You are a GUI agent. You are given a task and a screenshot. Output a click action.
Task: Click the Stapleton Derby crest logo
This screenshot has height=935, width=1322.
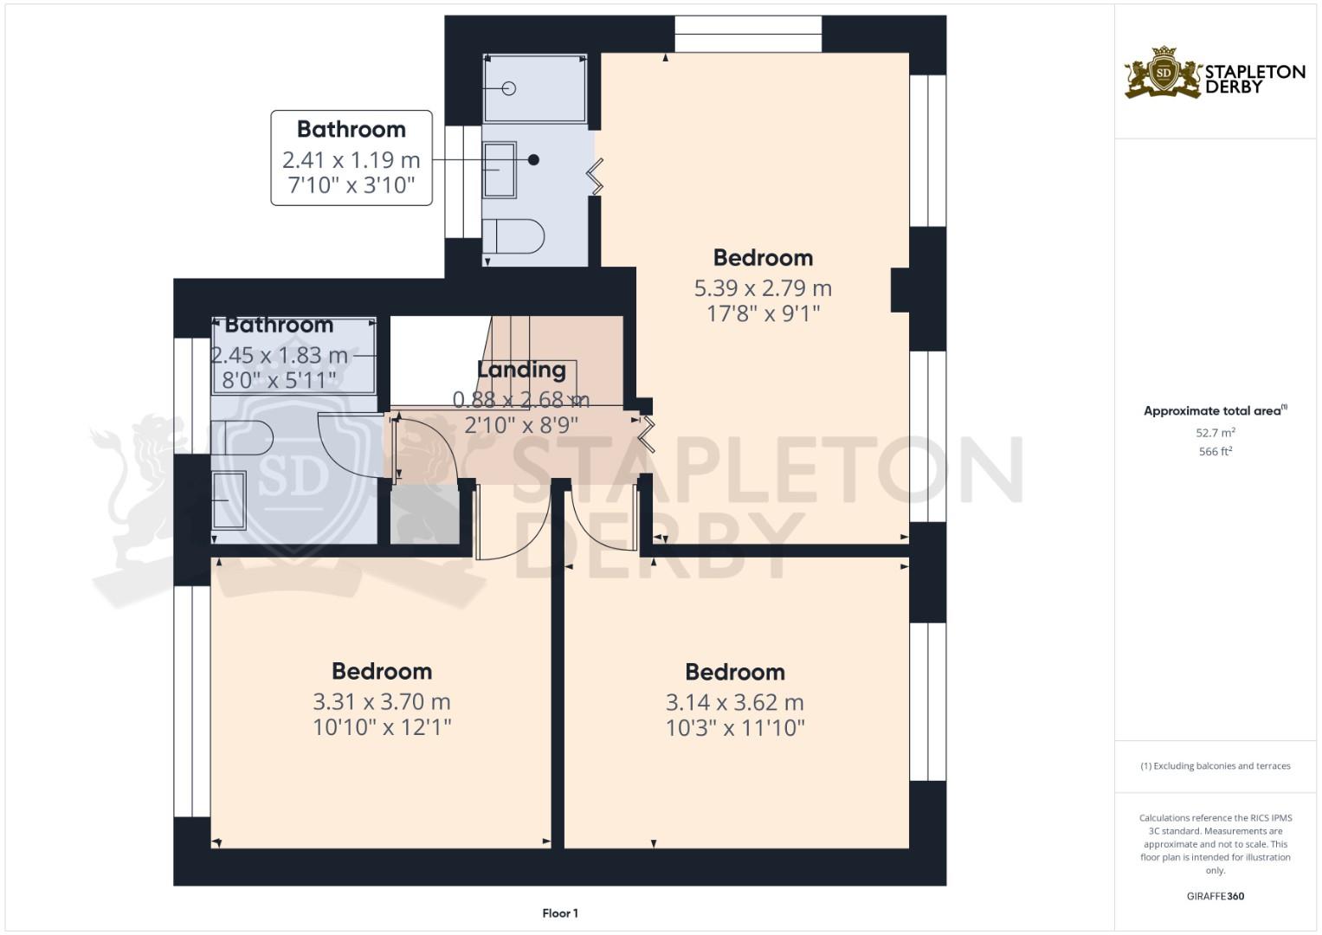pyautogui.click(x=1163, y=72)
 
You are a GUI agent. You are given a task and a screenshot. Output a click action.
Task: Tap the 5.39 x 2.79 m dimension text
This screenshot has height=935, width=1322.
pyautogui.click(x=763, y=288)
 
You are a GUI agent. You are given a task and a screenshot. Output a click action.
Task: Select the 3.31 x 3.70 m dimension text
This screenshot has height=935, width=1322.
pyautogui.click(x=381, y=702)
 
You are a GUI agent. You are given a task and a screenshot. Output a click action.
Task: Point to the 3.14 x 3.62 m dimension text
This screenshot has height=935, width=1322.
pyautogui.click(x=735, y=702)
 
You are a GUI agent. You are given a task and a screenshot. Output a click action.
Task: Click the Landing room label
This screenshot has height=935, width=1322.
pyautogui.click(x=521, y=370)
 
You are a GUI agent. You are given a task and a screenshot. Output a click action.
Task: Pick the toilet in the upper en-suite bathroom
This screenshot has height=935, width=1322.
pyautogui.click(x=513, y=236)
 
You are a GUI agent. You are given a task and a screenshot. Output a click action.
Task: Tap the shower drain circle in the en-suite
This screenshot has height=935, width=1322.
pyautogui.click(x=509, y=88)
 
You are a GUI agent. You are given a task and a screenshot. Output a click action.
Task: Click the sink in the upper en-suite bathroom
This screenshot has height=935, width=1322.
pyautogui.click(x=500, y=170)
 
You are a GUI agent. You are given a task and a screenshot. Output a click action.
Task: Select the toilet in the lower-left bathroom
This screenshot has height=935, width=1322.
pyautogui.click(x=242, y=437)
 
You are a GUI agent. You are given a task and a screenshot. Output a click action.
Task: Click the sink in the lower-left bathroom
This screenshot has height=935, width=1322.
pyautogui.click(x=229, y=500)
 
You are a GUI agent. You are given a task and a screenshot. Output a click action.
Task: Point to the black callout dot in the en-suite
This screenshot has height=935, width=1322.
pyautogui.click(x=533, y=159)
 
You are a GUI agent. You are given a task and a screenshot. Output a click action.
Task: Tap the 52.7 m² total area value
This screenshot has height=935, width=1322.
pyautogui.click(x=1216, y=432)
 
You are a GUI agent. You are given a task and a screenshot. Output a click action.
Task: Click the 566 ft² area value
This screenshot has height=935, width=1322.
pyautogui.click(x=1216, y=451)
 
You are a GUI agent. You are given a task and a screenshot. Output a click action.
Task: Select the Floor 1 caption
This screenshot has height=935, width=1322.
pyautogui.click(x=560, y=913)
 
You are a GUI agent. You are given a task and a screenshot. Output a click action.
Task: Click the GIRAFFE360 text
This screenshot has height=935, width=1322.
pyautogui.click(x=1216, y=896)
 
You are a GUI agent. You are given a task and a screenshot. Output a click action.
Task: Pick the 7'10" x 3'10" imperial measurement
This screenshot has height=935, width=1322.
pyautogui.click(x=351, y=185)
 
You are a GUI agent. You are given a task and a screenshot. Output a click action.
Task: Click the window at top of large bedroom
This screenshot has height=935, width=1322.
pyautogui.click(x=748, y=35)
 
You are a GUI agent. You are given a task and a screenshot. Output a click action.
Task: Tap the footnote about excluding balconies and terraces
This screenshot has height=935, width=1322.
pyautogui.click(x=1216, y=766)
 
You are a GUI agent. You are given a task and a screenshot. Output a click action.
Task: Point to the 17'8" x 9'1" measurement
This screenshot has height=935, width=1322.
pyautogui.click(x=763, y=313)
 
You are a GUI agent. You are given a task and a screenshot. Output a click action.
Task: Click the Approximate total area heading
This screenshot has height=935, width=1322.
pyautogui.click(x=1216, y=410)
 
